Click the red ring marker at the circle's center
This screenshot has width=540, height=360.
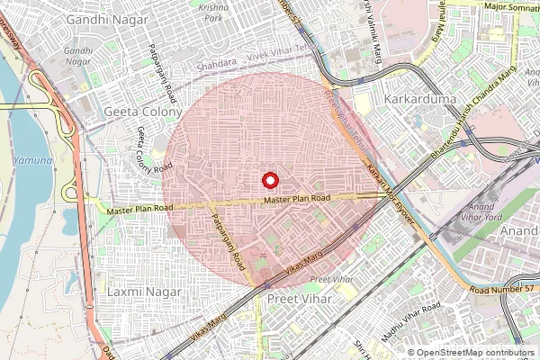point(268,179)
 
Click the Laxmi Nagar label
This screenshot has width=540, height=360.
point(144,292)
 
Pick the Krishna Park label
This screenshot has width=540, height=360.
point(214,11)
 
